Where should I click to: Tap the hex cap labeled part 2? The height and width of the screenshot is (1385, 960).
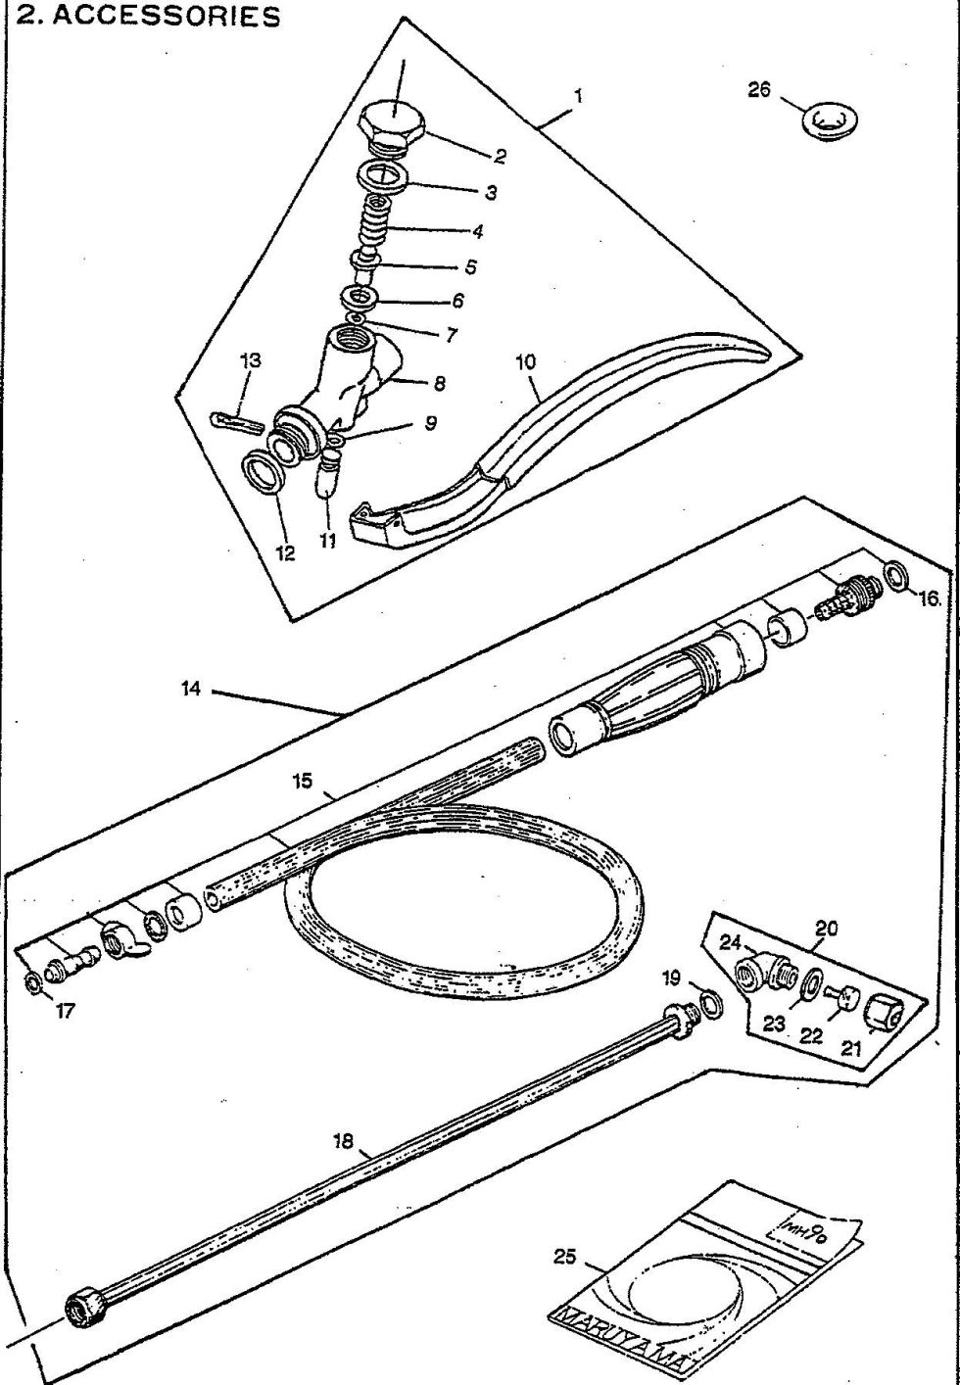point(393,125)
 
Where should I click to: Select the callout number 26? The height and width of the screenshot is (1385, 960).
point(759,90)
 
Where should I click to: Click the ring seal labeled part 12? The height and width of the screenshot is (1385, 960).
point(264,473)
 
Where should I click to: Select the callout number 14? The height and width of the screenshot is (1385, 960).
point(192,689)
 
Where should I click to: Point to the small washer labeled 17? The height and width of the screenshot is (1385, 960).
point(34,981)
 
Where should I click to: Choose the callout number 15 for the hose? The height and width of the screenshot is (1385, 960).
point(303,782)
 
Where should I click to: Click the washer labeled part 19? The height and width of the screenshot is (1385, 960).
point(712,1004)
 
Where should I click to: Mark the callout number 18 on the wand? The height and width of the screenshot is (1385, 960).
point(343,1140)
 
